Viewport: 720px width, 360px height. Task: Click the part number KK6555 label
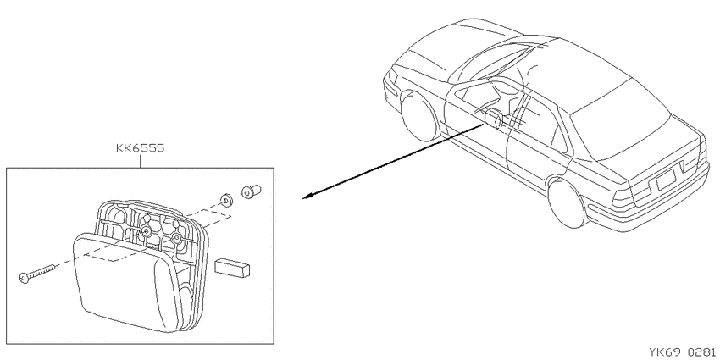coord(140,148)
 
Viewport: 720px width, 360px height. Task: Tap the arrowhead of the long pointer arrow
coord(308,196)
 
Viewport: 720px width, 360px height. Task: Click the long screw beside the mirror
coord(37,273)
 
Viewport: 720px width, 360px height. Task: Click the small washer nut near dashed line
coord(225,200)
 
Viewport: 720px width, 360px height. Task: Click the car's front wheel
coord(420,117)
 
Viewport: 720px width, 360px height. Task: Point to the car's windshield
coord(491,59)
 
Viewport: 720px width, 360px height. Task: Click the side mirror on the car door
coord(495,118)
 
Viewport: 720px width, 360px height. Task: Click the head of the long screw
coord(24,277)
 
